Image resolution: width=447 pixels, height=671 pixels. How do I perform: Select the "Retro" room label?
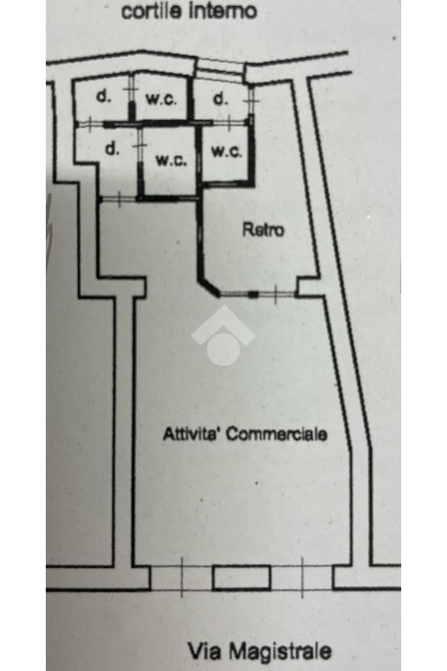[x=263, y=230]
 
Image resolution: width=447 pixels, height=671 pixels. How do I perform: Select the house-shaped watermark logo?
[x=223, y=335]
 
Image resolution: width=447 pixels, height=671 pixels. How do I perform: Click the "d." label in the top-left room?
[x=103, y=97]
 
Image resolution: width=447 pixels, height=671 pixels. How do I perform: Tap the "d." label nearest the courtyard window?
[x=221, y=99]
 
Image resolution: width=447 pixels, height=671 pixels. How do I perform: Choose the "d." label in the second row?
[x=112, y=148]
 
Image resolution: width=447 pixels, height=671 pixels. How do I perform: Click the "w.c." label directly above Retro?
[x=226, y=151]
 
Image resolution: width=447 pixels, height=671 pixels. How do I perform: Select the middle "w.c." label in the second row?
[x=171, y=160]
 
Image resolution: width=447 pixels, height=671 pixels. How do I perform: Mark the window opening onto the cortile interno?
[x=221, y=68]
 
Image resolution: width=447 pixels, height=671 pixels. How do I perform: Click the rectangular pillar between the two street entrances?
[x=241, y=577]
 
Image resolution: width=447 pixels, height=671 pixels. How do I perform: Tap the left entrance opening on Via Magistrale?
[x=181, y=577]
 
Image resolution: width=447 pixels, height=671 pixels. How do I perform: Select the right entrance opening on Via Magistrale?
[x=302, y=577]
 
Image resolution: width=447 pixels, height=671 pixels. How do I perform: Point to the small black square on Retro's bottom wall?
[x=253, y=295]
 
